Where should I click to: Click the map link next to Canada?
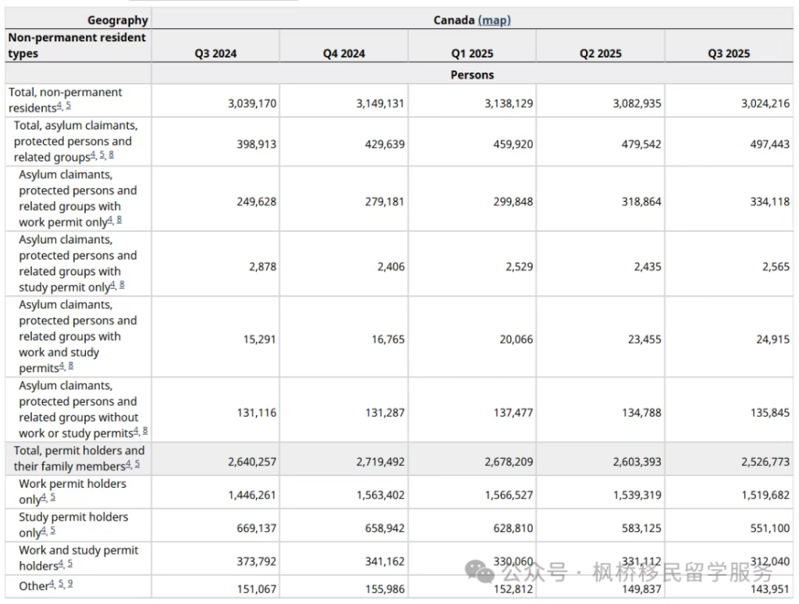(494, 20)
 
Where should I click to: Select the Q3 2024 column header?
(215, 54)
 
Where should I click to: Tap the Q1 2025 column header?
(472, 54)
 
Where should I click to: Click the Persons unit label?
(472, 75)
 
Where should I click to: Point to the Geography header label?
(118, 20)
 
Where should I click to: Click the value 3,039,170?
(252, 104)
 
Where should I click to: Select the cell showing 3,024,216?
(765, 104)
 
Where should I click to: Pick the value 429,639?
(385, 144)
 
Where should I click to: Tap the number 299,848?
(513, 202)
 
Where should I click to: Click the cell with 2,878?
(262, 267)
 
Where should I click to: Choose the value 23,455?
(645, 339)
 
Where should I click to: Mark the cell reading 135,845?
(770, 413)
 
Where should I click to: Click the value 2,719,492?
(381, 462)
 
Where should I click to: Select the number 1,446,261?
(252, 496)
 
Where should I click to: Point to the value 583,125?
(641, 528)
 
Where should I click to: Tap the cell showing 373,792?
(256, 562)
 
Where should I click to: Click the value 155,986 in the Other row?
(385, 589)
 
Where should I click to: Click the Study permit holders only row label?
(73, 525)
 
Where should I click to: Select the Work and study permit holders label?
(79, 558)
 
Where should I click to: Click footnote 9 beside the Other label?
(69, 584)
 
